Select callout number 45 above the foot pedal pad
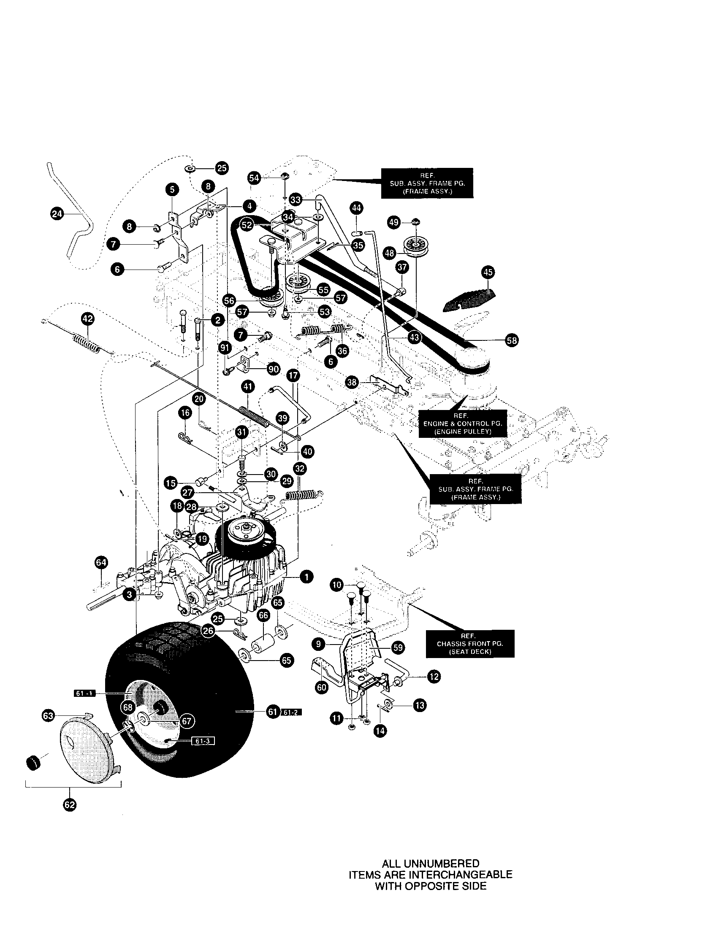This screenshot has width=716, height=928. (x=488, y=272)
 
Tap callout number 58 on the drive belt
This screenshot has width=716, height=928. (x=512, y=340)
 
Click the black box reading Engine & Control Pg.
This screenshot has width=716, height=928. (x=463, y=424)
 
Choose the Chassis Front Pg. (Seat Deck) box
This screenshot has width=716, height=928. (x=470, y=643)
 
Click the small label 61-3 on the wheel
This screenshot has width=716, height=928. (x=203, y=741)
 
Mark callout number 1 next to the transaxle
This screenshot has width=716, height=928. (x=306, y=577)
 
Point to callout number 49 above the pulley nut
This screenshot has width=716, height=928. (x=394, y=222)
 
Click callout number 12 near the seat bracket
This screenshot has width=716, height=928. (x=434, y=677)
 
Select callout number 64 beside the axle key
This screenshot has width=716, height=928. (x=101, y=563)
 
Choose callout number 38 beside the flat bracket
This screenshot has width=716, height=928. (x=352, y=383)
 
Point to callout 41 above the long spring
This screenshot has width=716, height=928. (x=248, y=387)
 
